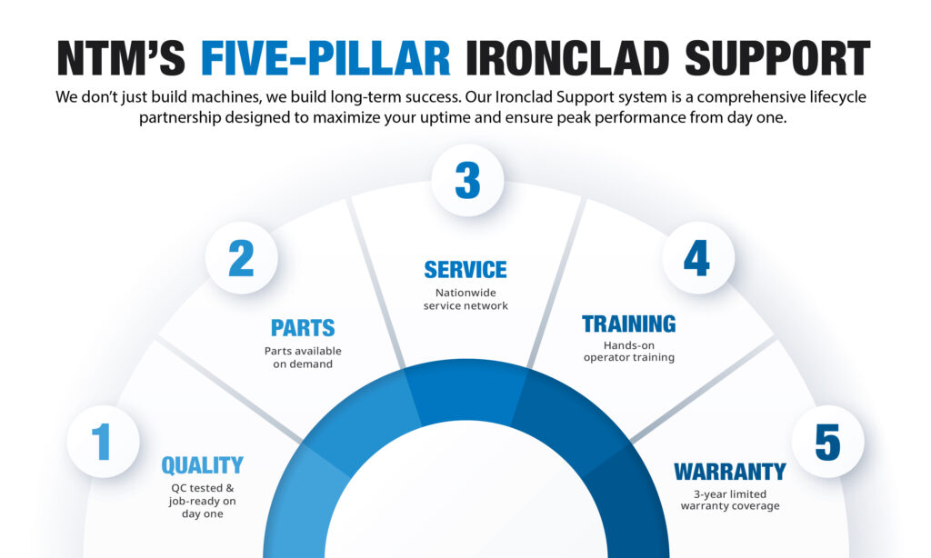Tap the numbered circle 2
pyautogui.click(x=241, y=258)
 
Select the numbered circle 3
pyautogui.click(x=466, y=180)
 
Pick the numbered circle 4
pyautogui.click(x=696, y=258)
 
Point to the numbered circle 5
pyautogui.click(x=827, y=443)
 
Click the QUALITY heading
pyautogui.click(x=202, y=466)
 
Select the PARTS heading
pyautogui.click(x=303, y=328)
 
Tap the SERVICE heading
pyautogui.click(x=465, y=270)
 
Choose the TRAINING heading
pyautogui.click(x=628, y=324)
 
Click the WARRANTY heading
pyautogui.click(x=729, y=472)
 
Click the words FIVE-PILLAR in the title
pyautogui.click(x=325, y=58)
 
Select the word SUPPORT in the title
pyautogui.click(x=777, y=58)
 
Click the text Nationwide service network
pyautogui.click(x=465, y=300)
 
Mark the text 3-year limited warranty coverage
pyautogui.click(x=729, y=500)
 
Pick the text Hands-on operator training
pyautogui.click(x=628, y=352)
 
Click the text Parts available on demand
pyautogui.click(x=303, y=357)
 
